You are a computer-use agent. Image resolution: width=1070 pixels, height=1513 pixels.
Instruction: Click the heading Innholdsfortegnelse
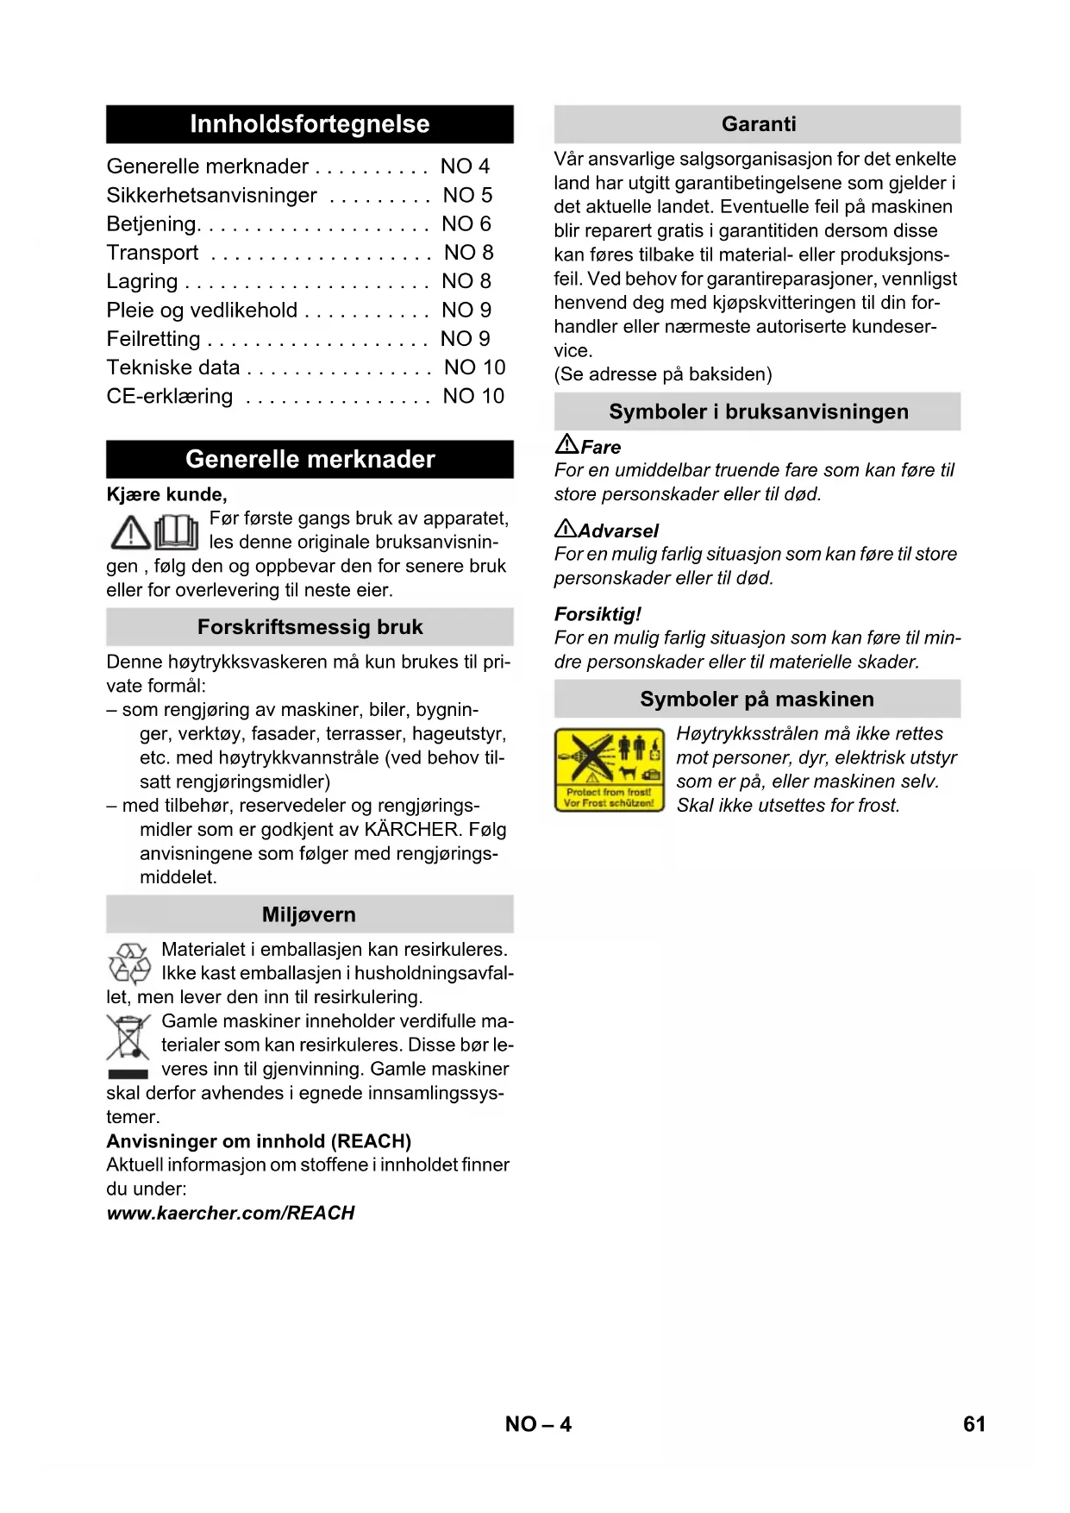tap(310, 124)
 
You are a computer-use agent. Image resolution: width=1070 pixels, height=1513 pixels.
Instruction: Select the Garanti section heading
tap(758, 124)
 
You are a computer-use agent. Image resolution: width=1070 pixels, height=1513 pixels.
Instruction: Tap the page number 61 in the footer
tap(973, 1424)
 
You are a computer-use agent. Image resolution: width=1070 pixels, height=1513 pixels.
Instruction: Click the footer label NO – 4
tap(538, 1424)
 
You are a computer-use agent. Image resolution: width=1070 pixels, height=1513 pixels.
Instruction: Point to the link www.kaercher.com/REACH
tap(230, 1213)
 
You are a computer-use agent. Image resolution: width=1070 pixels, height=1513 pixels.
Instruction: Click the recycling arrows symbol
tap(129, 963)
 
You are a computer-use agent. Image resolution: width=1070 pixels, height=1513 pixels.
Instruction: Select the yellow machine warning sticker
tap(609, 769)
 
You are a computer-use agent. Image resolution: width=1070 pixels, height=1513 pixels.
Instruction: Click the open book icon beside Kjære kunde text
tap(177, 531)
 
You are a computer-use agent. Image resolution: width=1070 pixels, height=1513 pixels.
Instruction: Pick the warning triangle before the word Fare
tap(566, 444)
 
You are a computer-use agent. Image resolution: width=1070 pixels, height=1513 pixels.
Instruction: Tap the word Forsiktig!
tap(598, 614)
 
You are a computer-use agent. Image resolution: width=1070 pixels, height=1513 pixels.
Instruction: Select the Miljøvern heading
tap(309, 914)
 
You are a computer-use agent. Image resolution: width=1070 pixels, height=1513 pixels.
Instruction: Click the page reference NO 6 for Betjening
tap(466, 224)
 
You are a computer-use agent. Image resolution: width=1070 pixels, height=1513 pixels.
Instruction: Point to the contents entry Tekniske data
tap(173, 367)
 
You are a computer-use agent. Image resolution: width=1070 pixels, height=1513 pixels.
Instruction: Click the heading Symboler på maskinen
tap(756, 699)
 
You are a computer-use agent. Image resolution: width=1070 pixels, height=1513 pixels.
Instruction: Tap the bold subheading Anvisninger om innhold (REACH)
tap(259, 1141)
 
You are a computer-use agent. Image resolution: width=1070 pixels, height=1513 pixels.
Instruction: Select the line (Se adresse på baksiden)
tap(663, 374)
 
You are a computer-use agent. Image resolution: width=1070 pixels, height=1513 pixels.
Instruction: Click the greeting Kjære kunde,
tap(166, 494)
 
